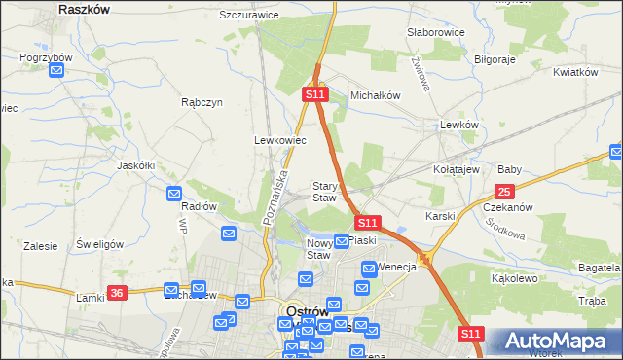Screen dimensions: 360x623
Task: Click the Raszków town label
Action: coord(84,8)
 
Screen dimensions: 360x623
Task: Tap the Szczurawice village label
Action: coord(249,16)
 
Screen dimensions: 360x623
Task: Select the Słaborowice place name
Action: coord(435,32)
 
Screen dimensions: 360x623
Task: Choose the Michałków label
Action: coord(376,95)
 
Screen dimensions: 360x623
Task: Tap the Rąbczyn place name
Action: coord(202,102)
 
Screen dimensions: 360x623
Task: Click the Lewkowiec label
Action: coord(280,140)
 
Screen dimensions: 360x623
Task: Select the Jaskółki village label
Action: coord(136,165)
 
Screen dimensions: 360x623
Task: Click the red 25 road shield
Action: coord(504,193)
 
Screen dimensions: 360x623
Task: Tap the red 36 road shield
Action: coord(118,293)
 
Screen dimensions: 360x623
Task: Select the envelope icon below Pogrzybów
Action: coord(57,71)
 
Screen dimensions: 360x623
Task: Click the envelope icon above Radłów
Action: coord(174,193)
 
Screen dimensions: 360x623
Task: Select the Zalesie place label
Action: coord(41,247)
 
